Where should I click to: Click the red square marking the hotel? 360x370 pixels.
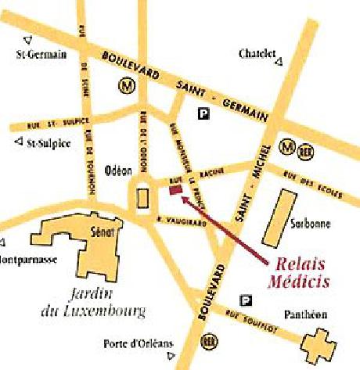(x=175, y=189)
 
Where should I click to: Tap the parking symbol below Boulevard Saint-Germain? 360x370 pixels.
(x=204, y=114)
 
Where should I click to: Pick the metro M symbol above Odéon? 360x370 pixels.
(x=125, y=84)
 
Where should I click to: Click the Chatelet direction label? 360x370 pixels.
(x=257, y=54)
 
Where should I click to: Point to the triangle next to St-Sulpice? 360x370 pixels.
(x=19, y=142)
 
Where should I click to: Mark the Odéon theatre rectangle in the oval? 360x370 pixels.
(x=142, y=199)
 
